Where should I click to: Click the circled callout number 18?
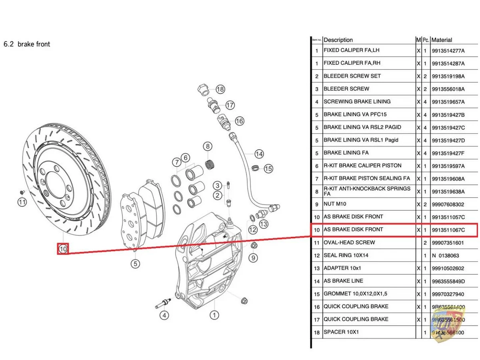(220, 89)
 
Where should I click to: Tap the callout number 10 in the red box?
(63, 249)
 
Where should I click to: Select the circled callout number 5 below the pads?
(136, 264)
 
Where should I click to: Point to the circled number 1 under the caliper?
(215, 315)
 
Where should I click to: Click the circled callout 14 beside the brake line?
(259, 154)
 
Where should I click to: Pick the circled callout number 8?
(207, 146)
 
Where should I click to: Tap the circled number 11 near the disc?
(22, 202)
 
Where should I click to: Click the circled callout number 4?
(164, 315)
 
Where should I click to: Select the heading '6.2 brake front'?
(27, 44)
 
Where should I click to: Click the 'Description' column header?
(338, 40)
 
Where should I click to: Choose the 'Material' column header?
(442, 40)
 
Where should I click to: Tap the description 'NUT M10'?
(335, 204)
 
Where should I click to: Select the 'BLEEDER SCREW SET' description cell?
(352, 76)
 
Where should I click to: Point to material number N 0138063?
(445, 255)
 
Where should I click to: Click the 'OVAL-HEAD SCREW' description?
(349, 242)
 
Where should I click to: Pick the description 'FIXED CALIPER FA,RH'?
(352, 63)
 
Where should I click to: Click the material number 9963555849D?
(448, 281)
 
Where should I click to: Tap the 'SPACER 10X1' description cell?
(341, 332)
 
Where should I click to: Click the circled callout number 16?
(239, 121)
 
